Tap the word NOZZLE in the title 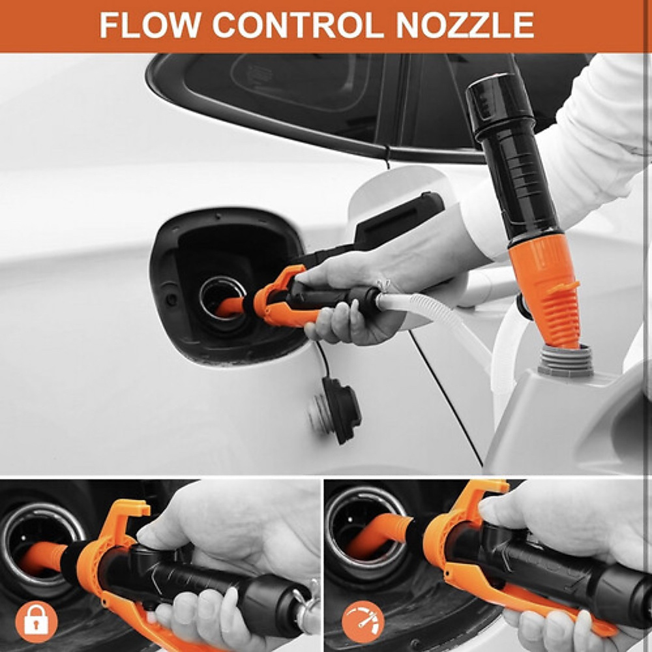click(x=466, y=25)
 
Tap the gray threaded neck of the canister click(x=565, y=360)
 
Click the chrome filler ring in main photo click(x=222, y=293)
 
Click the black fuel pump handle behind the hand click(x=398, y=222)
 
